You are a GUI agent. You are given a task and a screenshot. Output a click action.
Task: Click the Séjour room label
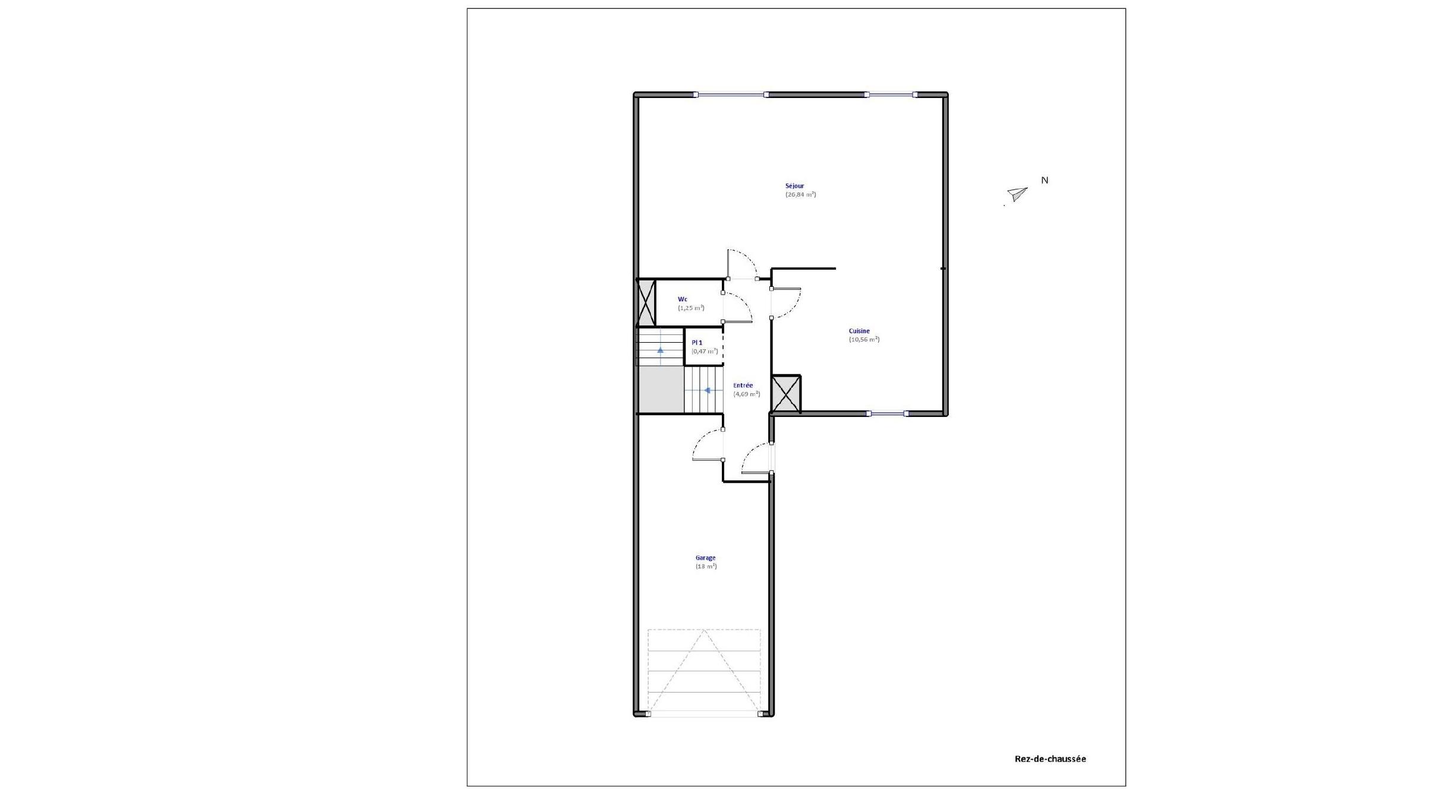point(794,186)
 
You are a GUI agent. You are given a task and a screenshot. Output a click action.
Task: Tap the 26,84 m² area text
point(800,194)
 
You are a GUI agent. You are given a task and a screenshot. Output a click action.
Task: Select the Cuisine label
point(859,331)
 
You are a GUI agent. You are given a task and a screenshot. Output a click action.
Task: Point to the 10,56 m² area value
point(864,340)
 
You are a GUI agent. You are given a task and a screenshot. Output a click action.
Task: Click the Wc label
point(683,299)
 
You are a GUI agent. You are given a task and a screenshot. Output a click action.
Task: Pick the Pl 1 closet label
point(697,343)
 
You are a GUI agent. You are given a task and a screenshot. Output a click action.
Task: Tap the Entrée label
point(743,385)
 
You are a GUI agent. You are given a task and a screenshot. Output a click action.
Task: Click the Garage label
point(706,558)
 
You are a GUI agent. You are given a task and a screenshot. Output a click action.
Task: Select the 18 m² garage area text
point(706,567)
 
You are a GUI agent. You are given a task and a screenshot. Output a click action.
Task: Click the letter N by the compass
point(1044,181)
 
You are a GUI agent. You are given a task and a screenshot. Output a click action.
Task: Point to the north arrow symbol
point(1017,194)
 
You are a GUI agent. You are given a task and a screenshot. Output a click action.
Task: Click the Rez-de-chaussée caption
point(1050,759)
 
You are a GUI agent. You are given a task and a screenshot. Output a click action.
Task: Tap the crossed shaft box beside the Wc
point(646,302)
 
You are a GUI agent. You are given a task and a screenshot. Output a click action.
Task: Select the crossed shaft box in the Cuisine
point(786,394)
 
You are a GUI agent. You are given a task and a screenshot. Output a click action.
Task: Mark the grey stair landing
point(661,390)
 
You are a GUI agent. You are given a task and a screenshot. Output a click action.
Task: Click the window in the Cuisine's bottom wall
point(886,413)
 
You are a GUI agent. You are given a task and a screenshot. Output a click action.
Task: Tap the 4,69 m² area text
point(746,394)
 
